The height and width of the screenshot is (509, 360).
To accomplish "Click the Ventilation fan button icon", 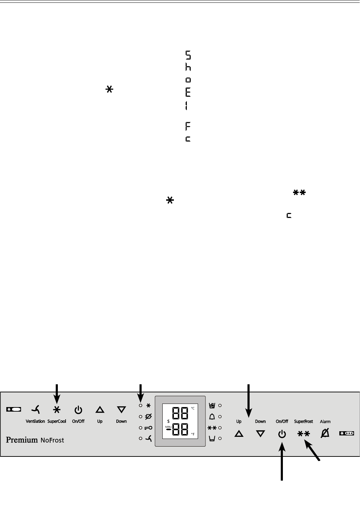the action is tap(35, 410).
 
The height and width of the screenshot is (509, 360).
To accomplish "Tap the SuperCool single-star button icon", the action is tap(57, 410).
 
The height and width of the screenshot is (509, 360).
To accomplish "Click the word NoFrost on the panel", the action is tap(52, 440).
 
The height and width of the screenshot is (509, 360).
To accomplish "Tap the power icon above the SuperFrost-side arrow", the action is tap(282, 434).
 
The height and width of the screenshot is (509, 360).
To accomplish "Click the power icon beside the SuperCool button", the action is tap(78, 410).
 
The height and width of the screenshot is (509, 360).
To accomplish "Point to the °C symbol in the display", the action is tap(193, 408).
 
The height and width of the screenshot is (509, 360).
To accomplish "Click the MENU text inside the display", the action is tap(169, 426).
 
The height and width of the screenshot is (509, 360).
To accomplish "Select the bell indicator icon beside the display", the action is tap(212, 417).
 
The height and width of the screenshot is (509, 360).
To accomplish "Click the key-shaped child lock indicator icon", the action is tap(148, 428).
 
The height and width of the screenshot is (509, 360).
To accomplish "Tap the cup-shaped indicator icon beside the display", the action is tap(212, 438).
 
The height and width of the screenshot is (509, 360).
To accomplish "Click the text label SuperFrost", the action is tap(303, 421).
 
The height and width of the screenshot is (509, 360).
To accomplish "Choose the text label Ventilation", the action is tap(35, 421).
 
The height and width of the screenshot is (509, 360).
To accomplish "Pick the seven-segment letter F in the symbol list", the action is tap(188, 126).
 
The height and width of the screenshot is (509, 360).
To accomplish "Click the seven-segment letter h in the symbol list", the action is tap(188, 67).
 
